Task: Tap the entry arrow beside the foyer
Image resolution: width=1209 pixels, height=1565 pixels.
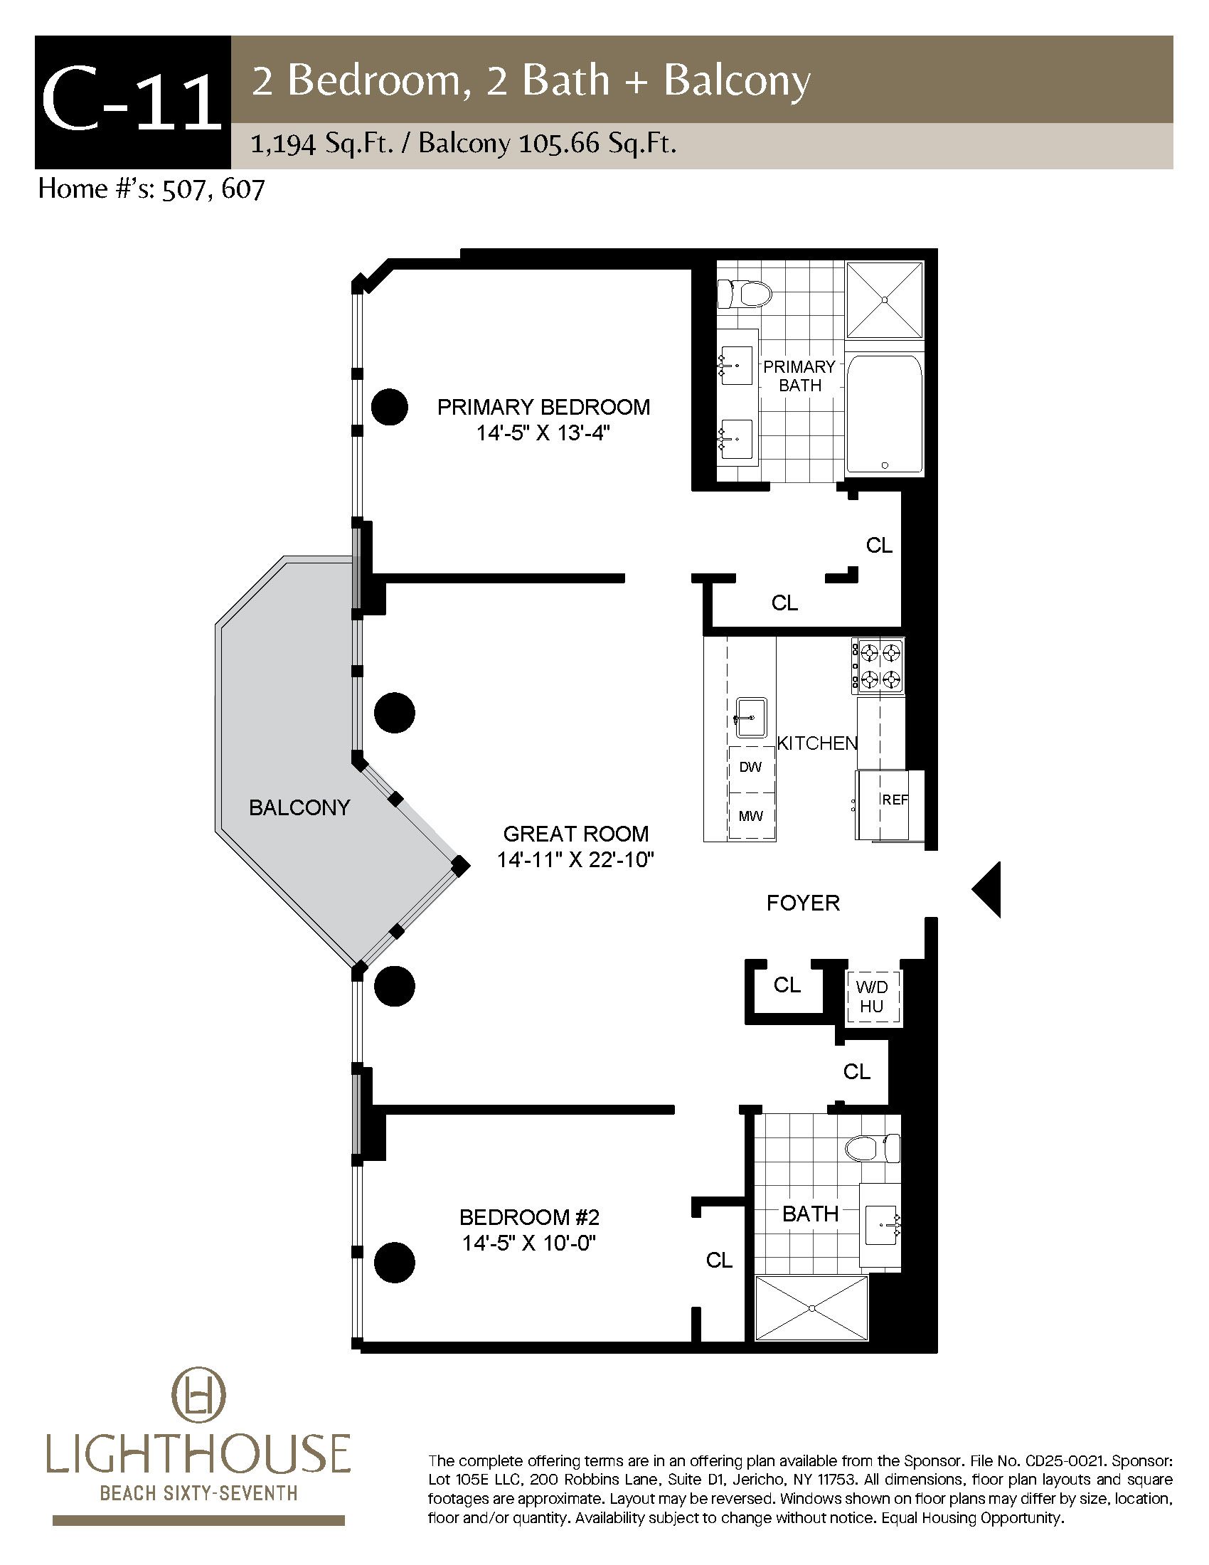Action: (x=986, y=889)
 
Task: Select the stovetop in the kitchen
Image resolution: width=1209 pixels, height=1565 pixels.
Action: (x=878, y=667)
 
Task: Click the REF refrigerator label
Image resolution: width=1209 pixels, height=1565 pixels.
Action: (x=895, y=800)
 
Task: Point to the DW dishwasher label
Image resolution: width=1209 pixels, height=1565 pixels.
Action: (x=750, y=768)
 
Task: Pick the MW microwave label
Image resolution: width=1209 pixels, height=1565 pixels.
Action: (x=750, y=815)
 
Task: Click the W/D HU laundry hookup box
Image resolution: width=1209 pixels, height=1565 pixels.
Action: (x=872, y=997)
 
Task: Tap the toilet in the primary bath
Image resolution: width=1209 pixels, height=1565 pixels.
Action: (x=745, y=293)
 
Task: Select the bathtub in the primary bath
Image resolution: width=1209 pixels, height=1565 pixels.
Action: (x=885, y=414)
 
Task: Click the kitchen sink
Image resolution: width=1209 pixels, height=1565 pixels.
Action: (x=750, y=718)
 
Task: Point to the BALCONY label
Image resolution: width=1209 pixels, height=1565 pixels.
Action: (x=299, y=807)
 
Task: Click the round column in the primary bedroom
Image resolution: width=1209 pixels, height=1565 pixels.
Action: (x=390, y=407)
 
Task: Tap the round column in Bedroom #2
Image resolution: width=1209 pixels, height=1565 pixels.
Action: (x=395, y=1263)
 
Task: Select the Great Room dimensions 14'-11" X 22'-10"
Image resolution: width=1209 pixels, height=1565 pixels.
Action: (x=576, y=859)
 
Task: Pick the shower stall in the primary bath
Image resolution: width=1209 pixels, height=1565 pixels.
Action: (x=885, y=299)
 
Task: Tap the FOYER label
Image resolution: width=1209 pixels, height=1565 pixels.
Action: (x=803, y=903)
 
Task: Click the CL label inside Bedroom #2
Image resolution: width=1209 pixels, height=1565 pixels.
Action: (x=719, y=1260)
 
